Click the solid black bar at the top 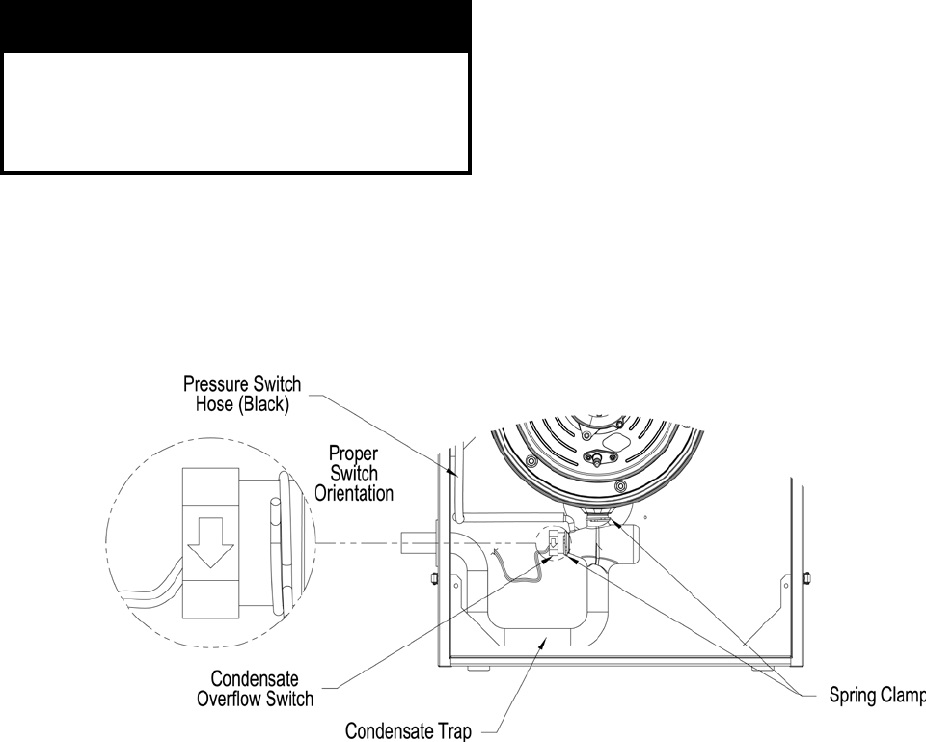[x=236, y=26]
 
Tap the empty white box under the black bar [x=236, y=112]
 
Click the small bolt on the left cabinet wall [x=433, y=579]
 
